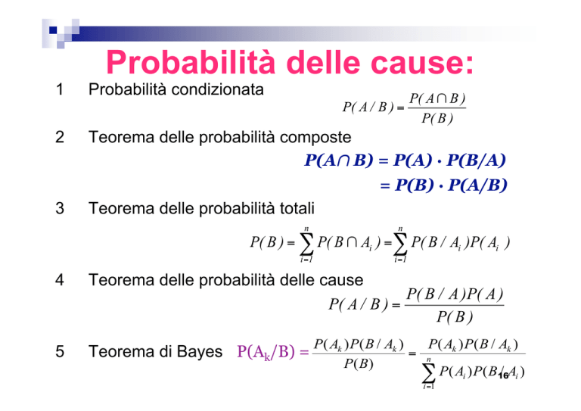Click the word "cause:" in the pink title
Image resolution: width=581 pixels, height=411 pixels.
pyautogui.click(x=422, y=63)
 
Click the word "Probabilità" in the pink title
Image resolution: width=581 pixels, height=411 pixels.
pyautogui.click(x=191, y=62)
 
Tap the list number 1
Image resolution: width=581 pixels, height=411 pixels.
pyautogui.click(x=60, y=89)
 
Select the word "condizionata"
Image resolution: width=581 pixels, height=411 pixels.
pyautogui.click(x=218, y=89)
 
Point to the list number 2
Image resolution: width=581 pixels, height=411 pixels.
pyautogui.click(x=60, y=137)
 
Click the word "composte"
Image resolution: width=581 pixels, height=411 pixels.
pyautogui.click(x=315, y=138)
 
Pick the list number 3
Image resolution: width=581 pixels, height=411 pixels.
pyautogui.click(x=60, y=208)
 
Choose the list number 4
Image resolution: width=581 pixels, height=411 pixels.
pyautogui.click(x=60, y=280)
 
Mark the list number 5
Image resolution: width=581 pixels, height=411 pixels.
pyautogui.click(x=60, y=351)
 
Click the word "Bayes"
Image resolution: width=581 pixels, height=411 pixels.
pyautogui.click(x=200, y=352)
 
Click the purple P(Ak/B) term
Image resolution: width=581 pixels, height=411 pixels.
pyautogui.click(x=266, y=351)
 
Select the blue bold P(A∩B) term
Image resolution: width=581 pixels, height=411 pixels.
pyautogui.click(x=339, y=160)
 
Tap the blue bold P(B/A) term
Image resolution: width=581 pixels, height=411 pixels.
pyautogui.click(x=476, y=160)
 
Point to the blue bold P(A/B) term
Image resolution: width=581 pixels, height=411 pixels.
pyautogui.click(x=477, y=185)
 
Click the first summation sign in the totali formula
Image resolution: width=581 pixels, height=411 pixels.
pyautogui.click(x=306, y=244)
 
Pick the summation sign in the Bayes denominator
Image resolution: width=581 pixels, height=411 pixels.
pyautogui.click(x=428, y=373)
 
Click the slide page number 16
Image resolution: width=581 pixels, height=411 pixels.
pyautogui.click(x=504, y=375)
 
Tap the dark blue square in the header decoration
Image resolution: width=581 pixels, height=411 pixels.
pyautogui.click(x=53, y=30)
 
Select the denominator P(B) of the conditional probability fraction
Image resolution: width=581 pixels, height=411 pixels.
pyautogui.click(x=437, y=119)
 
